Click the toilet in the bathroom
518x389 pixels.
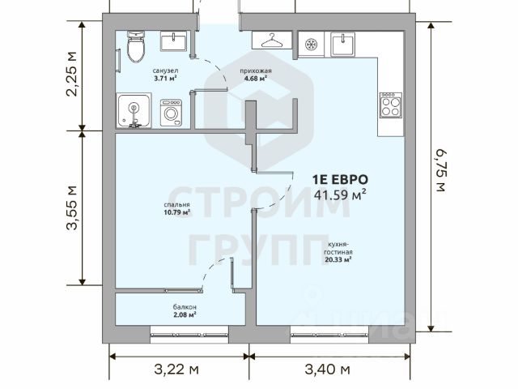click(x=136, y=47)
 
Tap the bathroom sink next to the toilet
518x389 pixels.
click(x=174, y=41)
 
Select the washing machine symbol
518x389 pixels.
click(x=171, y=113)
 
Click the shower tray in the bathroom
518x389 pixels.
click(x=134, y=110)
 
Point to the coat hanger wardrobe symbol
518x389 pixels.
click(x=272, y=41)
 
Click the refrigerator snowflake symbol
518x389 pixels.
click(x=311, y=44)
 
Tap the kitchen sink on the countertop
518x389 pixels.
click(x=343, y=45)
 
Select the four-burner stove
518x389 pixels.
click(x=391, y=105)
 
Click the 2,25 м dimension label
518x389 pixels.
click(x=71, y=74)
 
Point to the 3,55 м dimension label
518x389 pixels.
click(x=71, y=207)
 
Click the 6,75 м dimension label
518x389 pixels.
click(x=440, y=170)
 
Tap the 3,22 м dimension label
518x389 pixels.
click(x=176, y=370)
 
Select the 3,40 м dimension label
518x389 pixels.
click(x=327, y=370)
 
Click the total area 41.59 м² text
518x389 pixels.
click(x=340, y=194)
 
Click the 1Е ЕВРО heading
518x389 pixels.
click(x=340, y=180)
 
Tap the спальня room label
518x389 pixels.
click(x=176, y=205)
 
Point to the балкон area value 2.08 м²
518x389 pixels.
click(x=185, y=314)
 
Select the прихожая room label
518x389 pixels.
click(x=256, y=71)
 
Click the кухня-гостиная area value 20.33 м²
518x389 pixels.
click(x=338, y=259)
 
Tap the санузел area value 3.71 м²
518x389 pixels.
click(x=165, y=79)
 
